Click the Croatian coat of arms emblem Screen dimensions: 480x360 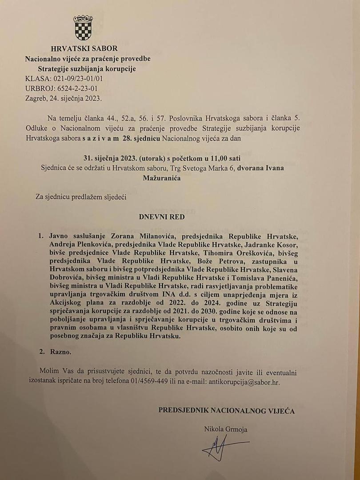pos(83,28)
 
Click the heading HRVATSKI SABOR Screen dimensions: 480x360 pos(84,48)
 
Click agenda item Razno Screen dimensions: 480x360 pos(60,352)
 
